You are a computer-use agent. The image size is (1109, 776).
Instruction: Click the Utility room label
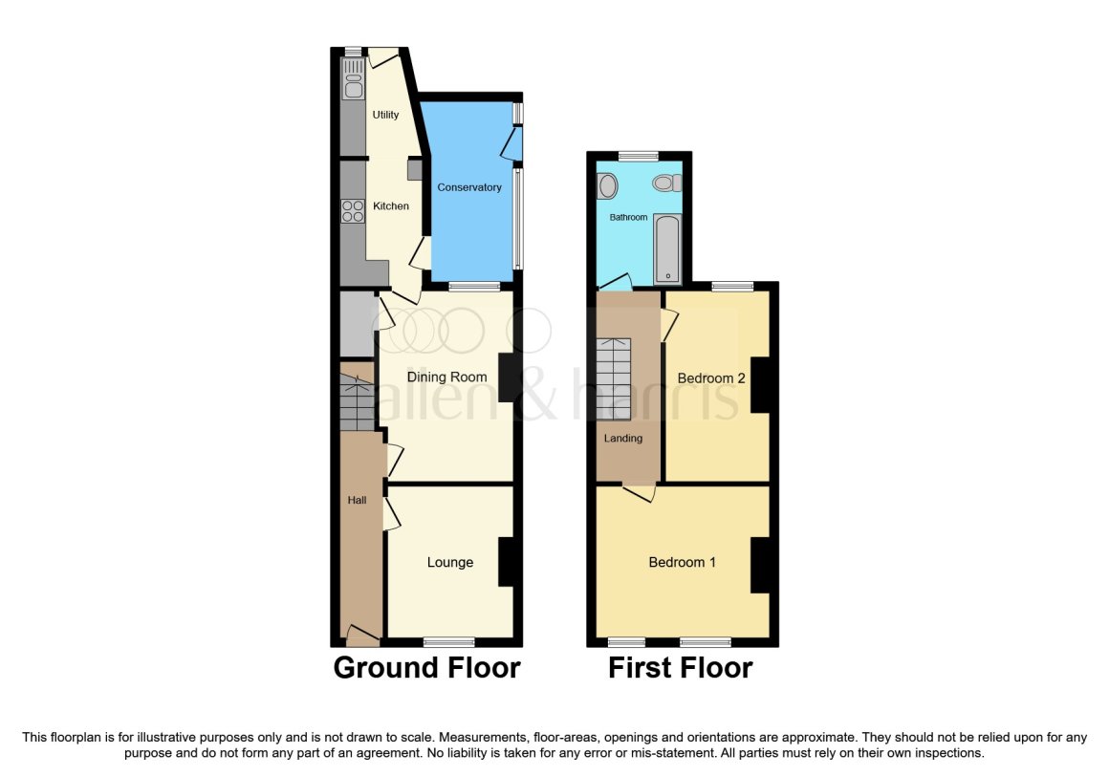385,115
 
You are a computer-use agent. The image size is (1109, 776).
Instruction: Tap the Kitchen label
391,205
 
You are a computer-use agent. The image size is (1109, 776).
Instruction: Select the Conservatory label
468,187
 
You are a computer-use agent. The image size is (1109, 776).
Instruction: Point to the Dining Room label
447,377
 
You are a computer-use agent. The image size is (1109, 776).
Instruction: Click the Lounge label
450,563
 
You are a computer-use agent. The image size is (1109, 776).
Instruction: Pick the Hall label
357,501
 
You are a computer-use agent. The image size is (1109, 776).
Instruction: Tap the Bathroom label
629,217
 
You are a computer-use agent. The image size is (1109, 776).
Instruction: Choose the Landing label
623,439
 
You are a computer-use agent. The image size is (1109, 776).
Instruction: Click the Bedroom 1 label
683,563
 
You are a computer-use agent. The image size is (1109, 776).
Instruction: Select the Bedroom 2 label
710,378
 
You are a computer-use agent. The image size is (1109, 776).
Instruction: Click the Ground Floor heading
426,668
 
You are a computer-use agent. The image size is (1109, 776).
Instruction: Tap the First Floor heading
681,668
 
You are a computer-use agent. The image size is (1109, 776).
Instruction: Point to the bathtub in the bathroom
667,248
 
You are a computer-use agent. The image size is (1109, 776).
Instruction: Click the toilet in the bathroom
667,183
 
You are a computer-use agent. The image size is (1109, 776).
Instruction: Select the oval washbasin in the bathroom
607,186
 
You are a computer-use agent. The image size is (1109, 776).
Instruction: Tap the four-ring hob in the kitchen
352,211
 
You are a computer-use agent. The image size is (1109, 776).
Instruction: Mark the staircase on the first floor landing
613,379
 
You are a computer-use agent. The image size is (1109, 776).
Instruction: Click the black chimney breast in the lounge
506,563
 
